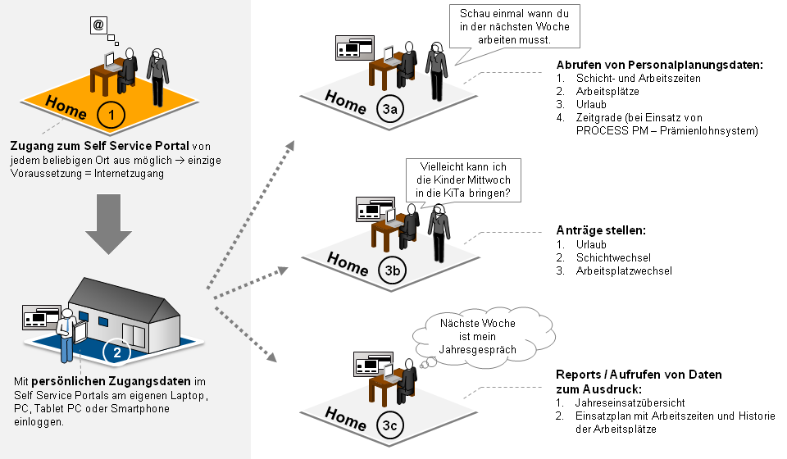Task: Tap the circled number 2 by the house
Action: tap(116, 353)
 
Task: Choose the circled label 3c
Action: tap(392, 425)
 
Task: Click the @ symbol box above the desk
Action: tap(98, 25)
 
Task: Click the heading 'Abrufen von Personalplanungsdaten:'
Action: tap(659, 64)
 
